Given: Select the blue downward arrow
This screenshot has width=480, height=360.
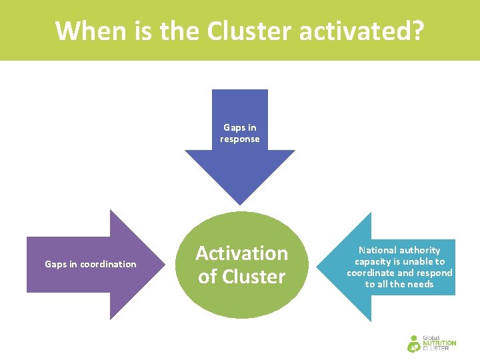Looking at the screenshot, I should click(x=240, y=167).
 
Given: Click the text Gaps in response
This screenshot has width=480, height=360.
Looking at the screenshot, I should click(x=240, y=133).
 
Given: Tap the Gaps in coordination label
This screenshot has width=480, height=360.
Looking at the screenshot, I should click(x=90, y=265).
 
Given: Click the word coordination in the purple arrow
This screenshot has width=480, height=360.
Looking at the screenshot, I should click(x=108, y=265).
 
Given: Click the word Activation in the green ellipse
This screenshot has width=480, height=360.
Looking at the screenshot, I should click(x=241, y=253).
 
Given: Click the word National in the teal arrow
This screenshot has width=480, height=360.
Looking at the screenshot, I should click(x=377, y=250).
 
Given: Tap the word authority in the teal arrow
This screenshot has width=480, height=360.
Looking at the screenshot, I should click(x=419, y=250).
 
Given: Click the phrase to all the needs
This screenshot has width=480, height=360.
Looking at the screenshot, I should click(x=399, y=284).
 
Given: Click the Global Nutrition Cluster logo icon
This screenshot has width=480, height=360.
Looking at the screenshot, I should click(x=415, y=343).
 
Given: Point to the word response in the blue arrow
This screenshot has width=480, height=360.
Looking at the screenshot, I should click(x=240, y=139).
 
